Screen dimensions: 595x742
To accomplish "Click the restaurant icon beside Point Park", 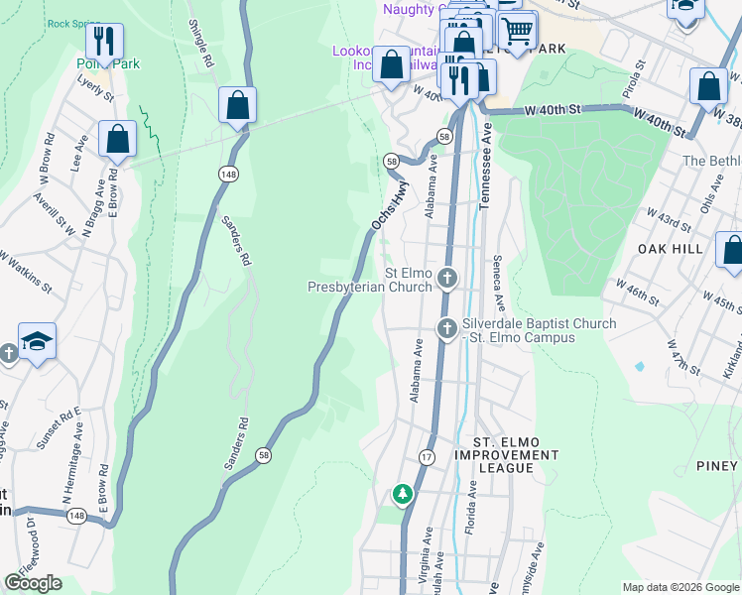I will [104, 42].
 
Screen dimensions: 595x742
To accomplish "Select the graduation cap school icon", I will [38, 342].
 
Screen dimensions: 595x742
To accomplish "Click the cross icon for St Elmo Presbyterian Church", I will [447, 278].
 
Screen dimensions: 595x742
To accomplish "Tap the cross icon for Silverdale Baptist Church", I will [447, 327].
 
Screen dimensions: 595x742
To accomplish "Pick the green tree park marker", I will [402, 493].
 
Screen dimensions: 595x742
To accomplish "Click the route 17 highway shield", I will [427, 456].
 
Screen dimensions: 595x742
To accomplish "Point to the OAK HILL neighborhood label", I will [671, 248].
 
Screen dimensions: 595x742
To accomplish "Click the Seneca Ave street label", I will [499, 283].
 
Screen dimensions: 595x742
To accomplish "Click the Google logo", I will [34, 583].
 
